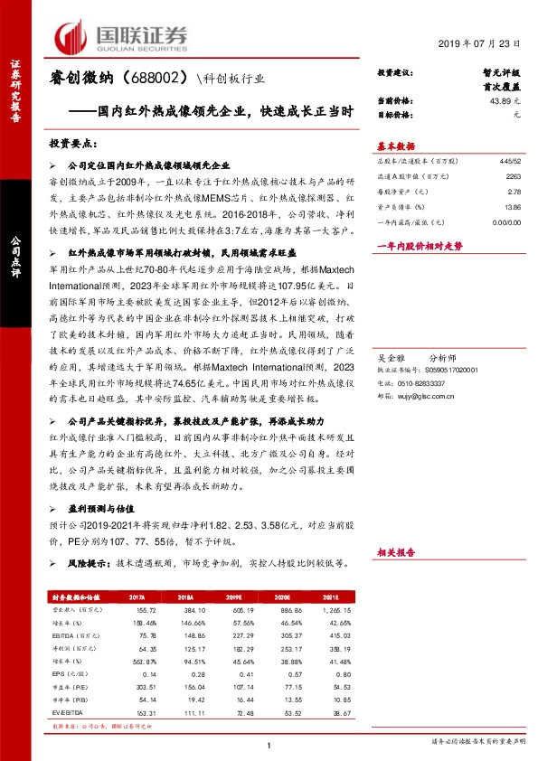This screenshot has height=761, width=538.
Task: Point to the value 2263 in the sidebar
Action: (513, 177)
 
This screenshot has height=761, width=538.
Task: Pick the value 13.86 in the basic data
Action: (513, 207)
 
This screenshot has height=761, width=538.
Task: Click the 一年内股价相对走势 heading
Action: (418, 246)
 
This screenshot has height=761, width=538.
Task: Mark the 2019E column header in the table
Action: (233, 597)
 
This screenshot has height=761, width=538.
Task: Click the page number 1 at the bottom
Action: (269, 744)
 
